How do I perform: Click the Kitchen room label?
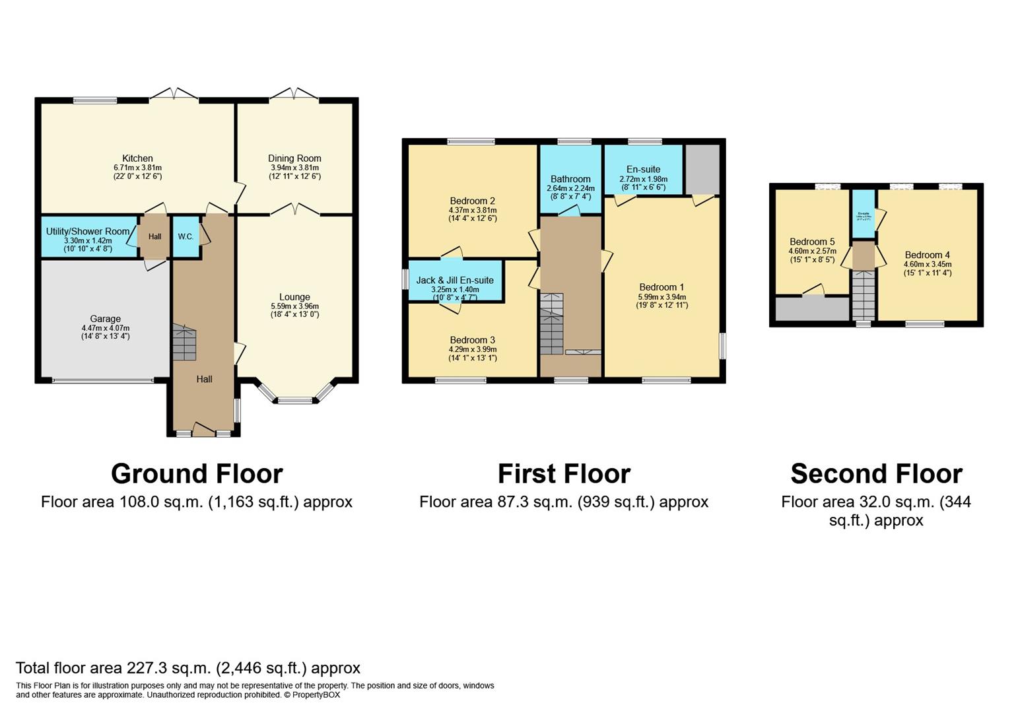coord(137,158)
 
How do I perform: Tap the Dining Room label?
coord(294,158)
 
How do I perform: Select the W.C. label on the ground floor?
coord(186,236)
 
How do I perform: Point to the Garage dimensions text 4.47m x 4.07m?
coord(106,328)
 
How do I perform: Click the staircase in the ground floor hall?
coord(185,343)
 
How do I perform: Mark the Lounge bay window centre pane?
coord(294,399)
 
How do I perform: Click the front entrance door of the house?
coord(203,432)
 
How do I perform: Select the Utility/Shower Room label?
coord(88,232)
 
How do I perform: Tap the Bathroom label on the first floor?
coord(570,179)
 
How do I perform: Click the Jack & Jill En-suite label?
coord(455,281)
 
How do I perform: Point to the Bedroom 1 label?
coord(662,287)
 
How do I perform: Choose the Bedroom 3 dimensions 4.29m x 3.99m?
coord(473,349)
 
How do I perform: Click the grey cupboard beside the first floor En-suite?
coord(702,170)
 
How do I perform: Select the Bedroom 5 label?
coord(812,242)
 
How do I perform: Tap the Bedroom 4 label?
coord(928,255)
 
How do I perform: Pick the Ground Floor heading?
coord(197,474)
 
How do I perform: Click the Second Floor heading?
coord(876,474)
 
